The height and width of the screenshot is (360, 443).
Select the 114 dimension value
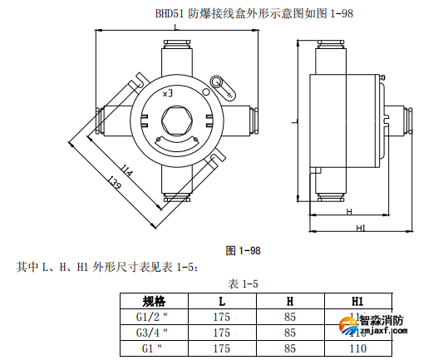(126, 170)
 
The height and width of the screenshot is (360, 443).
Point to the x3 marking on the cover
(168, 92)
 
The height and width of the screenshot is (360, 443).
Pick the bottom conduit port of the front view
(175, 192)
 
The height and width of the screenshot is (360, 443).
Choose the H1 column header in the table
(358, 300)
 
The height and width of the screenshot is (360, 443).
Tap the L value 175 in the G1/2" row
(222, 317)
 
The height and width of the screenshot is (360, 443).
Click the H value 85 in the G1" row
(290, 348)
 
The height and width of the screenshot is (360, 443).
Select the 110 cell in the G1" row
(358, 348)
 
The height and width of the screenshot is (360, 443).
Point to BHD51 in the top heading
(171, 13)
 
